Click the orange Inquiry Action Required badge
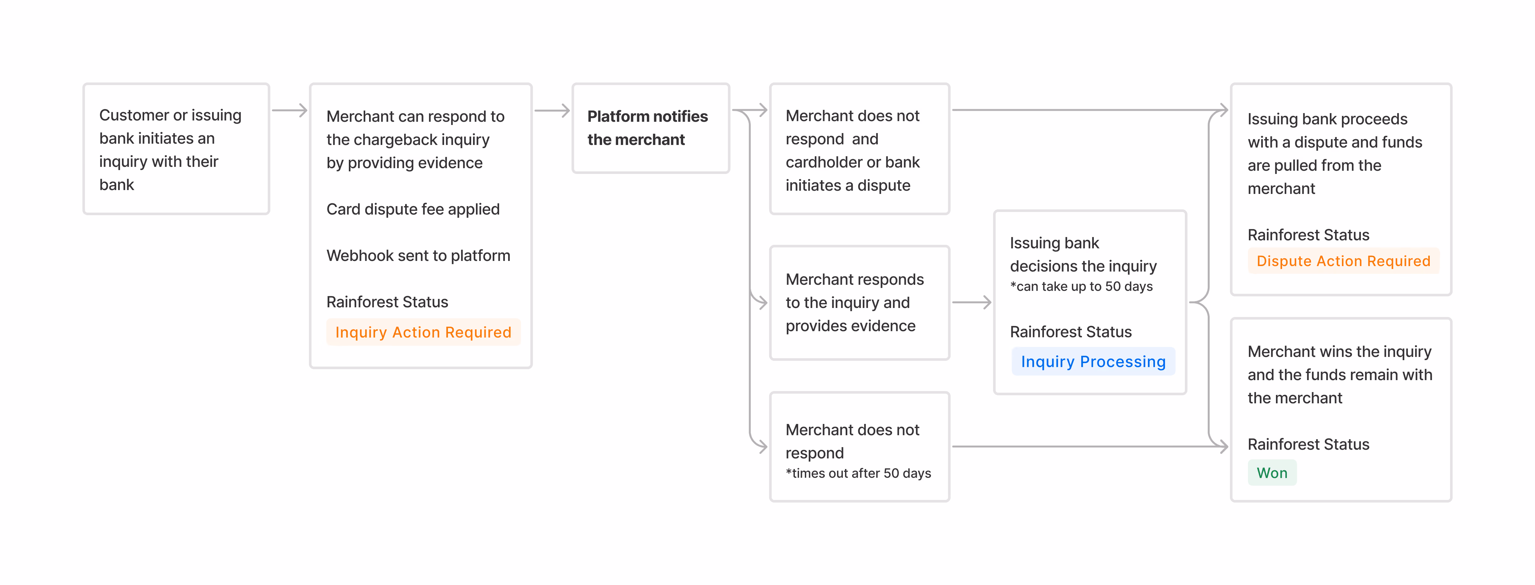tap(423, 332)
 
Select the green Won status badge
tap(1272, 473)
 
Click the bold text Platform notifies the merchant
tap(648, 128)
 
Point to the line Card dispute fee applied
tap(413, 209)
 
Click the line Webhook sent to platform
tap(418, 256)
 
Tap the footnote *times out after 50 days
tap(858, 474)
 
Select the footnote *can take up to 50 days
tap(1082, 287)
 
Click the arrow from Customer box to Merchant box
tap(290, 110)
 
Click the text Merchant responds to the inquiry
tap(854, 302)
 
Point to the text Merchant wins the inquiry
tap(1340, 375)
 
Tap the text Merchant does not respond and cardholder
tap(853, 150)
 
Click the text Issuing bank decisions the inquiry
tap(1083, 254)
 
